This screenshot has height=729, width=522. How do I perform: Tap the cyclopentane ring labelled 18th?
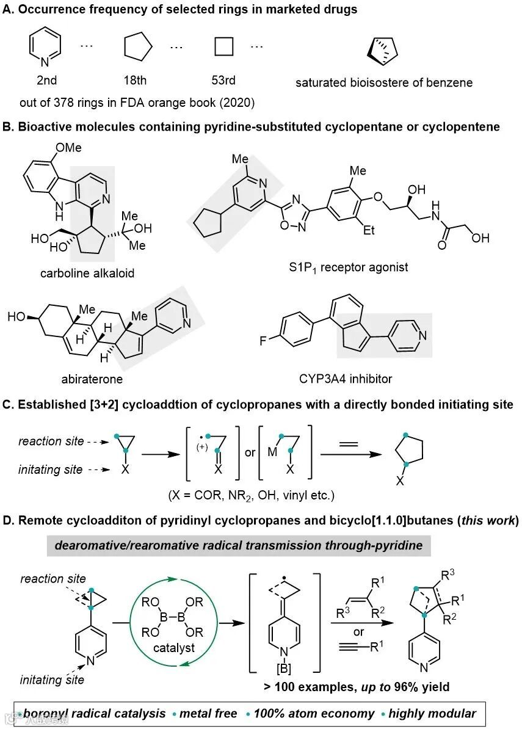(x=138, y=47)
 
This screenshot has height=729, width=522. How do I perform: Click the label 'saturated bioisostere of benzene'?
(x=384, y=82)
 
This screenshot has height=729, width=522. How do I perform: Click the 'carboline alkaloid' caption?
(x=87, y=273)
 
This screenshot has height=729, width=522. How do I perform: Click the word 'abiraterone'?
(x=92, y=379)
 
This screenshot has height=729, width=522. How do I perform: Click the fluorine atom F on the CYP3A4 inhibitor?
(x=264, y=340)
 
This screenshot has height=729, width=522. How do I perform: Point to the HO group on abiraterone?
(x=16, y=317)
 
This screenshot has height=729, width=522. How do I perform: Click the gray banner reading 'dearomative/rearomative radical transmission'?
(x=239, y=545)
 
